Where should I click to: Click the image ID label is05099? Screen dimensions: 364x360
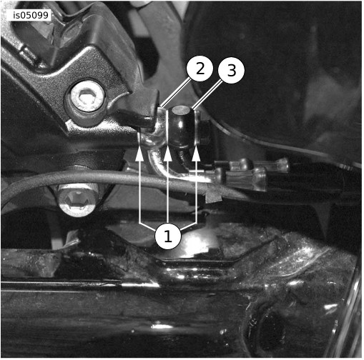[31, 16]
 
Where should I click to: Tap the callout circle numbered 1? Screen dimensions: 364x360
[168, 236]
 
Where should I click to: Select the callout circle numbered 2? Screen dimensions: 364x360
[200, 69]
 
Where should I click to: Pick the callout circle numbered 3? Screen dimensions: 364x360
[231, 70]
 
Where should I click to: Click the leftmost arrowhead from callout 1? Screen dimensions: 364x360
[139, 154]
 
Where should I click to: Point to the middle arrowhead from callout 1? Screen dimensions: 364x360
[168, 154]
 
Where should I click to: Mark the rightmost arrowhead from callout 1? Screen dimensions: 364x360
[196, 154]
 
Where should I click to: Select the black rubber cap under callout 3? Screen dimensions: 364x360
[182, 126]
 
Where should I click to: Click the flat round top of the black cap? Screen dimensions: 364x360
[181, 111]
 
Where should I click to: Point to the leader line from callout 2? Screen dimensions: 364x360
[175, 93]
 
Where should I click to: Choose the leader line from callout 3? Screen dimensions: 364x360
[207, 95]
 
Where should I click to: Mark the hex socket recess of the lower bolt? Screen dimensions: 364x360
[77, 198]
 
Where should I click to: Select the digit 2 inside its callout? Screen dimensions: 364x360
[200, 69]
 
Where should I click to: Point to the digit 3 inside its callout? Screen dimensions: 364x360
[232, 70]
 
